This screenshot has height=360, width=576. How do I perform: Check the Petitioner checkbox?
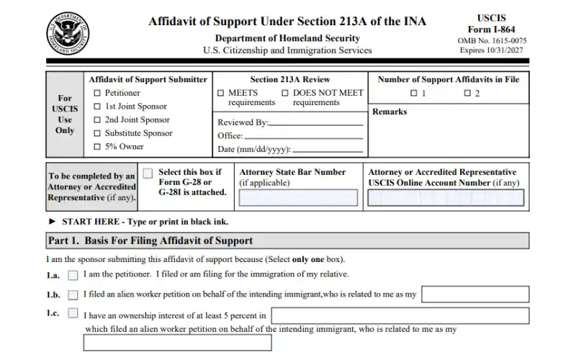point(98,93)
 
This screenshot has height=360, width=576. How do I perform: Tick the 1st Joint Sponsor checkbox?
point(98,107)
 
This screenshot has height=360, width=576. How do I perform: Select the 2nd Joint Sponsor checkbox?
point(98,120)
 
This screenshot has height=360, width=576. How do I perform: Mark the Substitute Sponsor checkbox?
point(98,133)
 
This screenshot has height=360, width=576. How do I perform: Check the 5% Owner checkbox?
point(98,147)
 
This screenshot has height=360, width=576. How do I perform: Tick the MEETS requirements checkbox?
point(221,93)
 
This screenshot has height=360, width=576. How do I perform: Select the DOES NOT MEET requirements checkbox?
point(286,93)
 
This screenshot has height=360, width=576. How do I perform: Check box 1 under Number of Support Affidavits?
point(413,94)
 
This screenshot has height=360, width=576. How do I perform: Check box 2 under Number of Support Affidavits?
point(467,94)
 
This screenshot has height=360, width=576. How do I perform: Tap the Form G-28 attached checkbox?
point(148,174)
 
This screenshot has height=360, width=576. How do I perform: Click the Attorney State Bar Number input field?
point(297,197)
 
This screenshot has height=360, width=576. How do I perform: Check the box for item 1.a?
point(73,275)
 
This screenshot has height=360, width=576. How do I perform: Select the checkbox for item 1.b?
point(73,294)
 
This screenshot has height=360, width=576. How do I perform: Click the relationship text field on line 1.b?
point(475,294)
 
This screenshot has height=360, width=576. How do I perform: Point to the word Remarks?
point(390,112)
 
